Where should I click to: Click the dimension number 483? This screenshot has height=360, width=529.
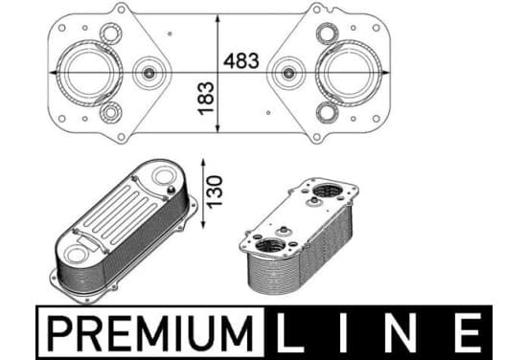point(241,60)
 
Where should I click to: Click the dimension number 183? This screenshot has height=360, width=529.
point(206,98)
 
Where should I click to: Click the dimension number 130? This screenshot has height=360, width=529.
point(215,191)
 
